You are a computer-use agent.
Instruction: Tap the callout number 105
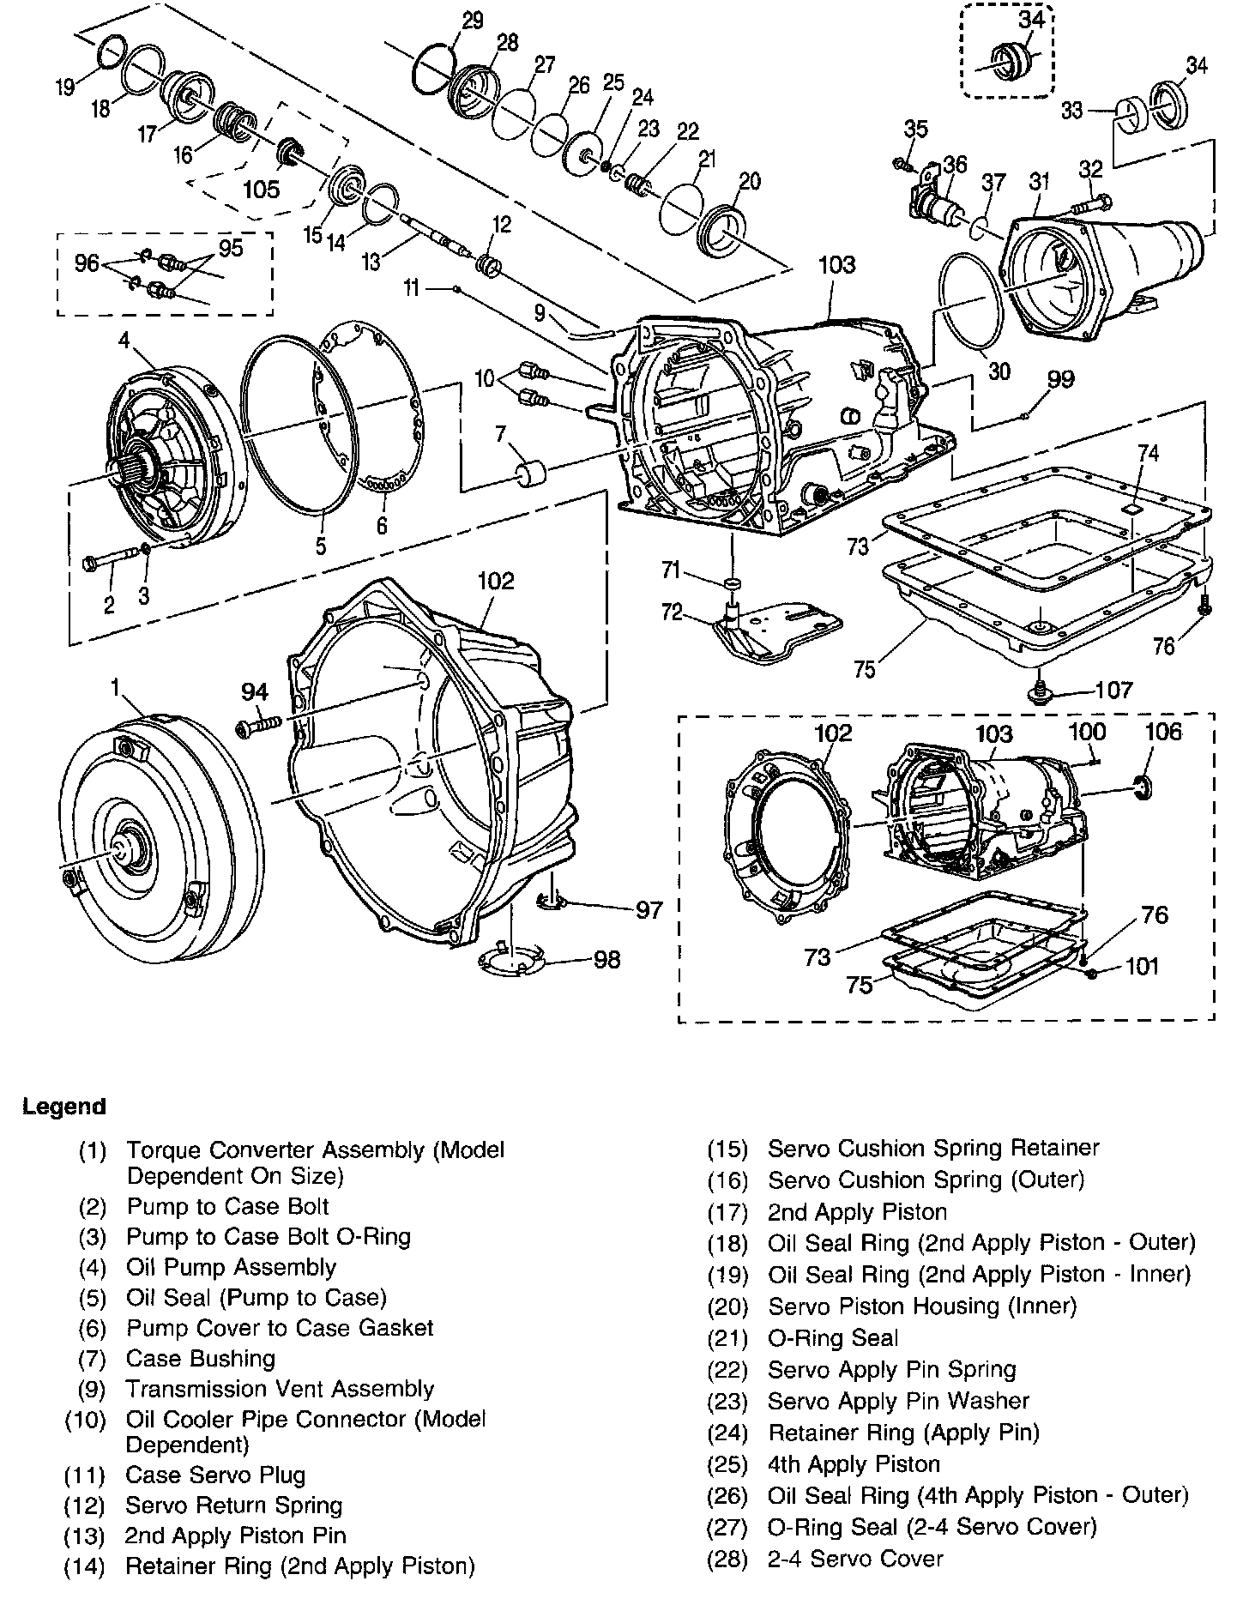pyautogui.click(x=262, y=189)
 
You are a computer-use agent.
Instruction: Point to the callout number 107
pyautogui.click(x=1114, y=690)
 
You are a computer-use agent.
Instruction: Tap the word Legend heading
pyautogui.click(x=64, y=1107)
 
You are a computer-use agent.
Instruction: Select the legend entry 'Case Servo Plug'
pyautogui.click(x=215, y=1475)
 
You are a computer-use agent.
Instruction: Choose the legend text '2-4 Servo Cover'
pyautogui.click(x=855, y=1559)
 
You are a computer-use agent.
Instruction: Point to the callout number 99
pyautogui.click(x=1061, y=379)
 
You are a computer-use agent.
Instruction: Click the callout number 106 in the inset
pyautogui.click(x=1163, y=731)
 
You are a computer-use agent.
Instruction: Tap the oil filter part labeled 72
pyautogui.click(x=772, y=630)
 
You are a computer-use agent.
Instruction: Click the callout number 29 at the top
pyautogui.click(x=473, y=21)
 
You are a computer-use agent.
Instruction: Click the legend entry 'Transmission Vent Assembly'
pyautogui.click(x=280, y=1389)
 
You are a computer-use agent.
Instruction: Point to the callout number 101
pyautogui.click(x=1142, y=967)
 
